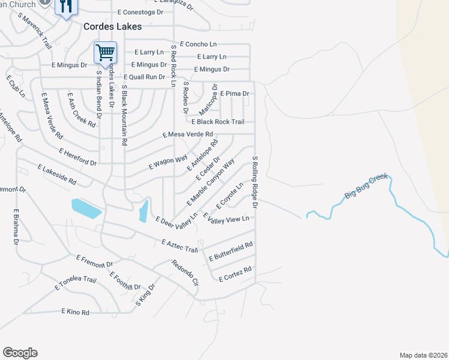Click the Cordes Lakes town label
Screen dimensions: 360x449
click(x=113, y=26)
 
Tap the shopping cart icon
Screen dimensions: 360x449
click(x=105, y=52)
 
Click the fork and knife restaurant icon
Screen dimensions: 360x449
click(x=65, y=7)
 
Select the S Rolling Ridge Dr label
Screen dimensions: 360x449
click(x=255, y=182)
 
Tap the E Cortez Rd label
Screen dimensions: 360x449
click(x=235, y=274)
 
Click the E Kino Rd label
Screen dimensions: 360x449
click(x=75, y=312)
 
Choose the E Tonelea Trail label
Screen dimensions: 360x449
click(x=76, y=283)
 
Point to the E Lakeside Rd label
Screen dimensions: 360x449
click(x=57, y=175)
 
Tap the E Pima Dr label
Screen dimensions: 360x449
click(x=235, y=94)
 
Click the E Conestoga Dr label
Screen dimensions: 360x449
click(x=140, y=12)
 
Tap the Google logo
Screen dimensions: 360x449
click(x=20, y=353)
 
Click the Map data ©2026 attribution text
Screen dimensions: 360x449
click(x=423, y=355)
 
